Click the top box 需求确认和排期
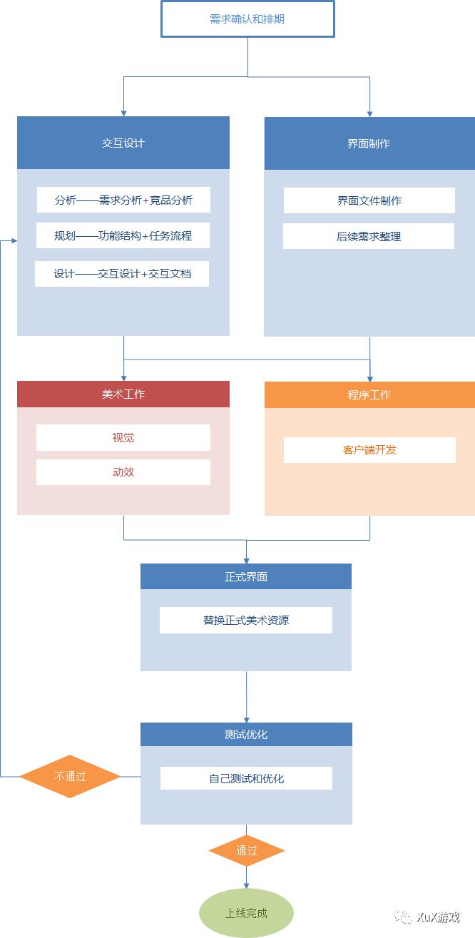point(247,19)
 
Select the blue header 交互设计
point(123,143)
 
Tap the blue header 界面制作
point(369,143)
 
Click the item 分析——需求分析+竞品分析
point(123,200)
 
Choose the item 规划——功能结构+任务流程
point(123,235)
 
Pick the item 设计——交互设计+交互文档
point(122,273)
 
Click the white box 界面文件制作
point(369,200)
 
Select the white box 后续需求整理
point(368,236)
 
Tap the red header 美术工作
point(123,394)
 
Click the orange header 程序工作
point(369,394)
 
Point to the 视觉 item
point(123,437)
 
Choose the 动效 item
point(123,471)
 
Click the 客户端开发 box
point(369,450)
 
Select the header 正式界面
point(246,576)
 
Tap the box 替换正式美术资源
point(246,620)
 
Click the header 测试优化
point(246,734)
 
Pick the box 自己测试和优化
point(246,778)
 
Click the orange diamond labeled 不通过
point(70,776)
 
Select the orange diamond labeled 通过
point(247,850)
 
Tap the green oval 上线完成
point(246,912)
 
